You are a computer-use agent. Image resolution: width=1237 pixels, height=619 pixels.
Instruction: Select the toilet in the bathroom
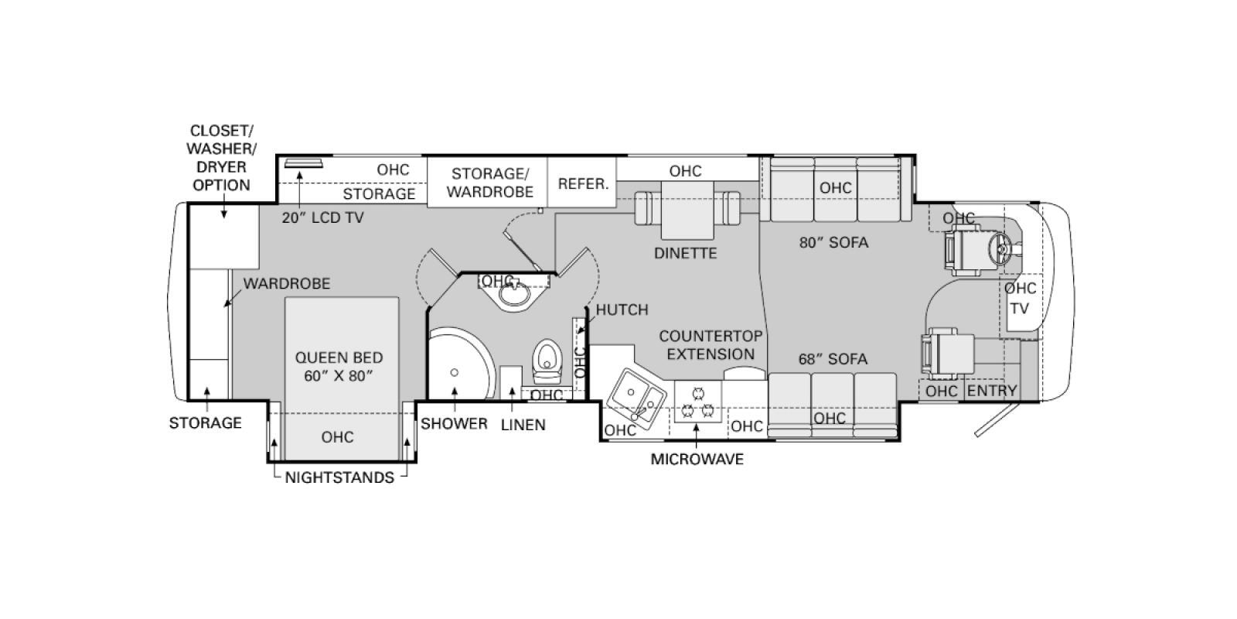click(x=547, y=361)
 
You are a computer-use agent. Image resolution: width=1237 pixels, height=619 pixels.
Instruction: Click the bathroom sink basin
click(x=514, y=294)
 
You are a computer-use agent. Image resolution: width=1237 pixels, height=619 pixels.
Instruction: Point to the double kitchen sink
click(x=637, y=395)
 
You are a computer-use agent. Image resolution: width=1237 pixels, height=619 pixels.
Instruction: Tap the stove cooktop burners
click(x=697, y=402)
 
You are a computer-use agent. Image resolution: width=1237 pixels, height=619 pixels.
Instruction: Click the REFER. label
click(x=583, y=184)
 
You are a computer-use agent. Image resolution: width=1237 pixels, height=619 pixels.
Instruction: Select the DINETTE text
click(x=685, y=253)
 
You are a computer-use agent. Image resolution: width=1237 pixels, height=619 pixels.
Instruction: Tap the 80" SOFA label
click(x=833, y=242)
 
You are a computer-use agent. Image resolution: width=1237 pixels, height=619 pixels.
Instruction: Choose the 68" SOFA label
click(x=833, y=359)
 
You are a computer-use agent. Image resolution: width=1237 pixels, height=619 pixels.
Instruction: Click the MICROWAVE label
click(x=697, y=460)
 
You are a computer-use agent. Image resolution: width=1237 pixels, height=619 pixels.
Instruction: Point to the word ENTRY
click(x=992, y=391)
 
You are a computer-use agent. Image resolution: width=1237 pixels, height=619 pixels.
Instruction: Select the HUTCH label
click(x=622, y=309)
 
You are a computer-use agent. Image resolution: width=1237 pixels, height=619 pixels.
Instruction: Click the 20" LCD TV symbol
click(x=302, y=162)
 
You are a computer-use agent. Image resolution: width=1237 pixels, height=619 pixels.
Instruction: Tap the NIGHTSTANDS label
click(x=339, y=477)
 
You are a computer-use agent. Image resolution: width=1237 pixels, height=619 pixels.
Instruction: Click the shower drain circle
click(x=454, y=372)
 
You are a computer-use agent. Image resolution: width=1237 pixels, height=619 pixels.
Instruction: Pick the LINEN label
click(x=523, y=425)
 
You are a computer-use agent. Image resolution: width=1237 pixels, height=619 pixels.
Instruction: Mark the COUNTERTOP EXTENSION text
click(x=711, y=345)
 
